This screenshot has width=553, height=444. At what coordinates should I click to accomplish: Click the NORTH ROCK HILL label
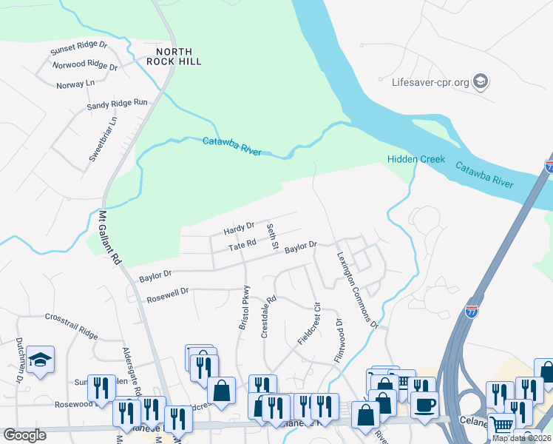174,56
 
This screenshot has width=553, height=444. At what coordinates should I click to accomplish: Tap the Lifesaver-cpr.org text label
430,82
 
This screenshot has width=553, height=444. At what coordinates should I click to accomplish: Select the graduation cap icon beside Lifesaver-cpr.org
481,81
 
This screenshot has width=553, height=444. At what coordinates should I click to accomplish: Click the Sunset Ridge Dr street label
78,49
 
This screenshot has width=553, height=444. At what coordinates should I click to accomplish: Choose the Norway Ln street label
76,84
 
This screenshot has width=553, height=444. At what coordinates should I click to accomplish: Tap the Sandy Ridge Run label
118,104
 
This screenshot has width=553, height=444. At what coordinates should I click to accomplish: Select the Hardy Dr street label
239,228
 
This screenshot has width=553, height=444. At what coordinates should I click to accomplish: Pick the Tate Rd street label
242,245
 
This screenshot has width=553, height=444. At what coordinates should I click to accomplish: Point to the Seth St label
271,236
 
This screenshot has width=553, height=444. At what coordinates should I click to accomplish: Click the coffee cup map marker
425,406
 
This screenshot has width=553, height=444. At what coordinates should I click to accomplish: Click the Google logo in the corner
24,435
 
